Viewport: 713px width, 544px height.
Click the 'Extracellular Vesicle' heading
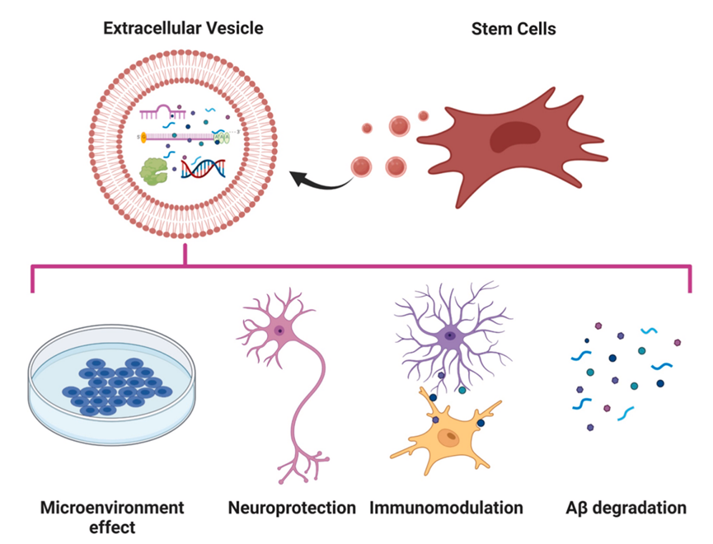point(183,28)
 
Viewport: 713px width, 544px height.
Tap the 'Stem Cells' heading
point(513,28)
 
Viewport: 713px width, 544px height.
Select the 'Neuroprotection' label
point(292,507)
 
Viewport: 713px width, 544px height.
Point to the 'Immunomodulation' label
point(446,507)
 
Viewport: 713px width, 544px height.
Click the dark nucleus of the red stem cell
point(512,137)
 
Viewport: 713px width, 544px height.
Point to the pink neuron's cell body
point(279,331)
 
